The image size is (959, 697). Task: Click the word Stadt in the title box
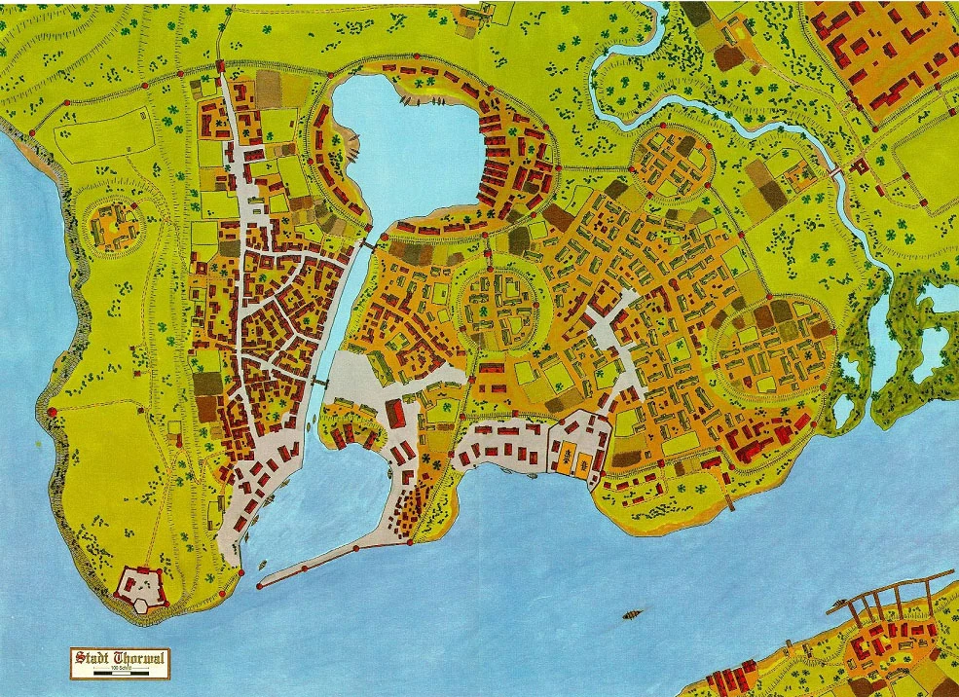(94, 657)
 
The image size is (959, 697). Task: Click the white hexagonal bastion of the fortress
(145, 605)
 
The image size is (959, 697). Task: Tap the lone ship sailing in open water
(634, 614)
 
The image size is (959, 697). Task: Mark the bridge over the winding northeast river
(833, 171)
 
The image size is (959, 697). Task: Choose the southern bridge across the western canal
(318, 381)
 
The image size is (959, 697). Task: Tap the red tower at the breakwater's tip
(259, 586)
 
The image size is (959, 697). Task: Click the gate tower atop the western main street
(220, 67)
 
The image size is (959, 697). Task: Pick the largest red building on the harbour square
(395, 413)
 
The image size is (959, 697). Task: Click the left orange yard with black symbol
(562, 456)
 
